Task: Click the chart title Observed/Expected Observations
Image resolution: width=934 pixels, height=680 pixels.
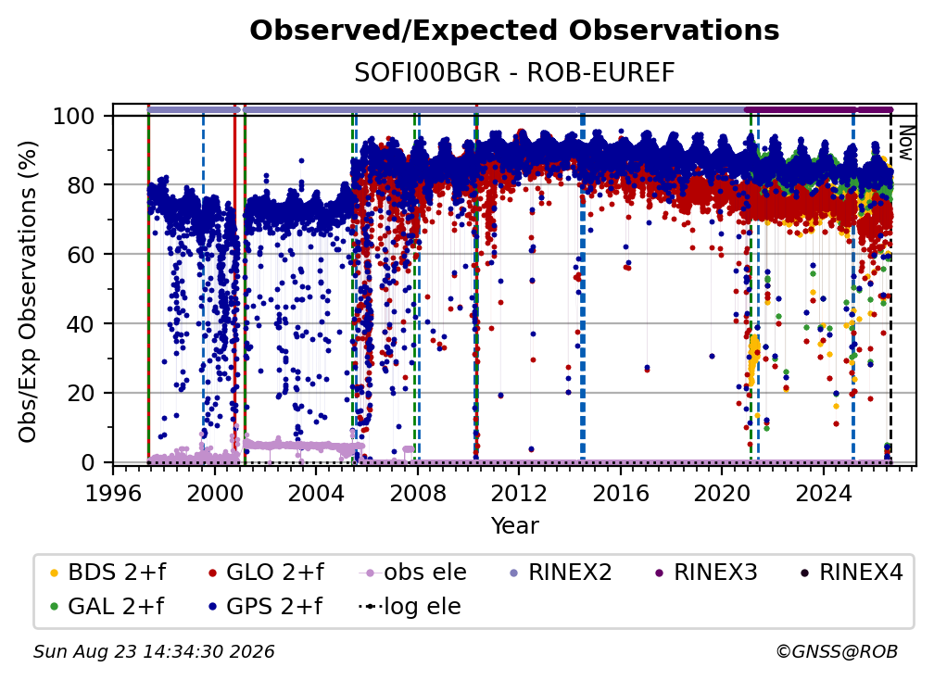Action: click(514, 31)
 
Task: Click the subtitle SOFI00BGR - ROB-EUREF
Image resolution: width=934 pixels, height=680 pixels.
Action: click(514, 72)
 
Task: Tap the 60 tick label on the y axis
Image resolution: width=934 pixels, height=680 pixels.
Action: click(81, 254)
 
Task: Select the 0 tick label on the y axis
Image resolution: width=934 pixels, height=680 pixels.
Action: click(88, 462)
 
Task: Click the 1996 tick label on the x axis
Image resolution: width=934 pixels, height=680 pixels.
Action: click(113, 493)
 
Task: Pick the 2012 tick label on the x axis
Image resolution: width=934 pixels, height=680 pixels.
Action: click(519, 493)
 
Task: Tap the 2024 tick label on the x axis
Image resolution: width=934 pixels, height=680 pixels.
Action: click(823, 493)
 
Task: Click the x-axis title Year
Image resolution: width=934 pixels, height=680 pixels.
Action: click(514, 526)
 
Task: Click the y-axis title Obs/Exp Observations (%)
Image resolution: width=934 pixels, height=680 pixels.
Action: click(28, 291)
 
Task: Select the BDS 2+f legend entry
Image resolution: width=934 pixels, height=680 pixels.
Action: click(107, 573)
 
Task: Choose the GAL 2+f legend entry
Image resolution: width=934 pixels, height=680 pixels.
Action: click(107, 606)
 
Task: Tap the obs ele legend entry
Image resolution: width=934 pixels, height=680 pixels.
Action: click(413, 573)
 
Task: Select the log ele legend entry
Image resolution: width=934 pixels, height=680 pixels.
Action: click(410, 606)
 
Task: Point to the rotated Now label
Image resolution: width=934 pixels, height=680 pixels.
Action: click(905, 143)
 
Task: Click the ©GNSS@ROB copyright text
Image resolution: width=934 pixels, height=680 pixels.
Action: click(837, 651)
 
